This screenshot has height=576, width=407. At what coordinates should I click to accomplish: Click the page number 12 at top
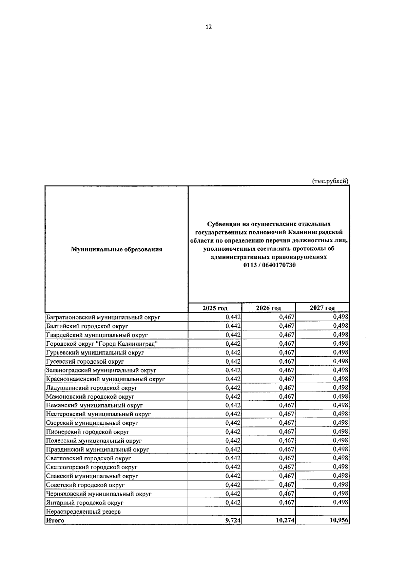[x=209, y=27]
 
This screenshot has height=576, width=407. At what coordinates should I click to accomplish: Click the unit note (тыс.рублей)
[x=330, y=181]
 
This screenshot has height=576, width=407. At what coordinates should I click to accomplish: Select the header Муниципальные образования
[x=116, y=249]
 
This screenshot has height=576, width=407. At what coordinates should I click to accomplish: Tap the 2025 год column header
[x=215, y=308]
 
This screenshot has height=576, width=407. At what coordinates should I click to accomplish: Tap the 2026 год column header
[x=268, y=308]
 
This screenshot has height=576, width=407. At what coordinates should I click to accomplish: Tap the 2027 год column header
[x=322, y=308]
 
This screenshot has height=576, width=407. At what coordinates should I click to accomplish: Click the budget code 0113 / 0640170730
[x=269, y=265]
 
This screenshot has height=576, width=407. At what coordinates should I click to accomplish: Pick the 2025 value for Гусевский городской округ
[x=233, y=361]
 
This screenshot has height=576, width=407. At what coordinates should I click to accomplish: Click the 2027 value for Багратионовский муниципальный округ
[x=341, y=317]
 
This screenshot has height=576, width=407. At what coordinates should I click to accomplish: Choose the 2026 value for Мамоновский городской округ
[x=287, y=396]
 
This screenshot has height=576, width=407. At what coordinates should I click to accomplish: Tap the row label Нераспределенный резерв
[x=83, y=511]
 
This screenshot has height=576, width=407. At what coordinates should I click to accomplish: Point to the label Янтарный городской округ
[x=84, y=502]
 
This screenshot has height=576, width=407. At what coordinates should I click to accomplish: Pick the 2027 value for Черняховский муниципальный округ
[x=341, y=493]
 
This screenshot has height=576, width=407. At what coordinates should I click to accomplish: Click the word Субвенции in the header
[x=223, y=224]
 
